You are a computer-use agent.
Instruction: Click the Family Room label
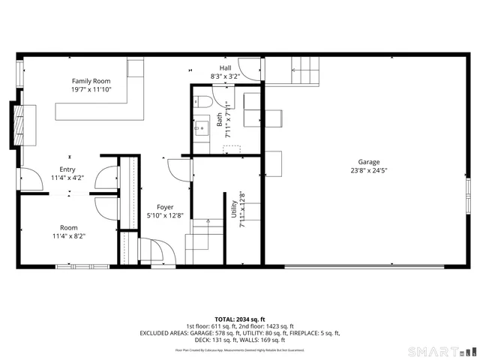pos(91,81)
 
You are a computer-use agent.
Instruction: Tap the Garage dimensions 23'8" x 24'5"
pos(368,170)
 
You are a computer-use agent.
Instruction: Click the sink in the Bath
pos(201,128)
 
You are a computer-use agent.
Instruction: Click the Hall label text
pos(225,67)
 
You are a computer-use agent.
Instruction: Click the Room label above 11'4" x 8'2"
pos(69,227)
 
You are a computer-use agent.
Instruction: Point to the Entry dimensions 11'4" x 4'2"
pos(67,178)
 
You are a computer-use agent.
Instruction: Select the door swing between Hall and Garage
pos(250,68)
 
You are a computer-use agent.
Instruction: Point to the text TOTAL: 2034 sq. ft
pos(239,318)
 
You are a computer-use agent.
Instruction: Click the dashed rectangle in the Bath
pos(232,149)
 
